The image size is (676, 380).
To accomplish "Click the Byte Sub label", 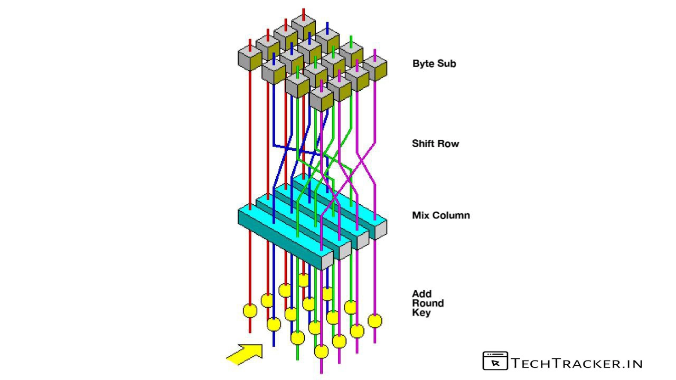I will coord(434,64).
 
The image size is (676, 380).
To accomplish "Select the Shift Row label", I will coord(435,144).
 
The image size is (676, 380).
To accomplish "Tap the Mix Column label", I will coord(440,215).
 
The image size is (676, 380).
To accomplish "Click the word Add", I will coord(422,294).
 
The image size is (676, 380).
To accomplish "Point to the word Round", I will coord(428,303).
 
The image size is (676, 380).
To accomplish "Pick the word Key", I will coord(421,313).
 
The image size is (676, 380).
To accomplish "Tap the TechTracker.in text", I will coord(577,363).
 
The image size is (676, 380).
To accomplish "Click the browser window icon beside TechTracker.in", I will coord(495,361).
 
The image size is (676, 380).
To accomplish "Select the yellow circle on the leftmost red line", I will coord(250,310).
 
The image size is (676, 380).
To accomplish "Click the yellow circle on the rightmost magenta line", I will coord(374,320).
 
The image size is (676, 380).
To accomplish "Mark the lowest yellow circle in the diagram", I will coord(321,351).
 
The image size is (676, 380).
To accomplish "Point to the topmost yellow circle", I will coord(303,280).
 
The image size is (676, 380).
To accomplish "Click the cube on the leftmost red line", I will coord(250,57).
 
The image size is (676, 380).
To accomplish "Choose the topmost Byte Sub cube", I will coord(303,27).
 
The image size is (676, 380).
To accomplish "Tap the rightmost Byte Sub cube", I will coord(375,68).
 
